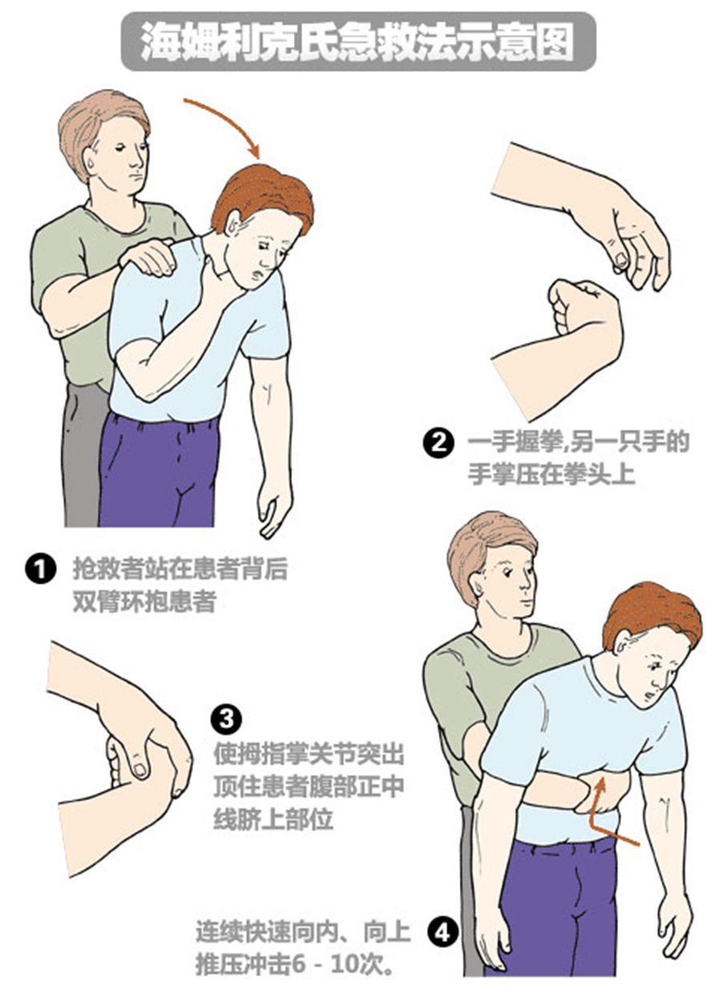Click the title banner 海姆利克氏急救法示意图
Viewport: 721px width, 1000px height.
click(x=358, y=42)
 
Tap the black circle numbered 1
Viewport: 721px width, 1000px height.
click(x=41, y=569)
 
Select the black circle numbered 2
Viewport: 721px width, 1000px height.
click(x=439, y=444)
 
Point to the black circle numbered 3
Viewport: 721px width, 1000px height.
click(x=227, y=719)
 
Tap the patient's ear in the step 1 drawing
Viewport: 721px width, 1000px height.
click(x=233, y=227)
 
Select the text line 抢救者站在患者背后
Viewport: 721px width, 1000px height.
click(x=180, y=568)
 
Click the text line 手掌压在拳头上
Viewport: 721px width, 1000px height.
click(x=551, y=474)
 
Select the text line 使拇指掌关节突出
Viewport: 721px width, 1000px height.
click(x=309, y=754)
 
